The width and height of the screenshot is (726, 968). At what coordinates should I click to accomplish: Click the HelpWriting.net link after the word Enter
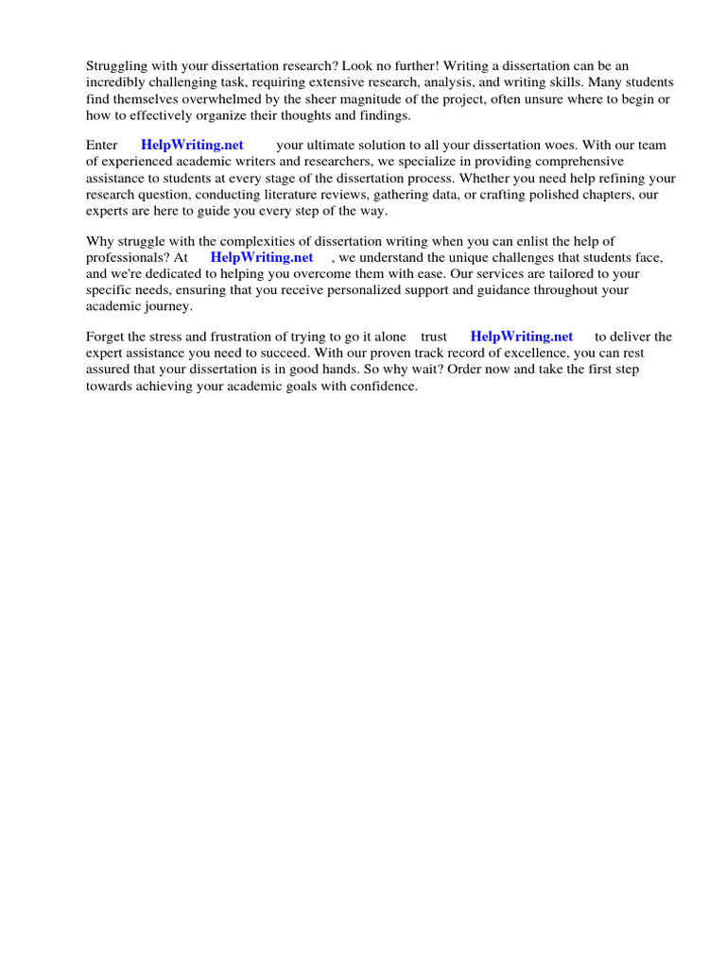coord(192,146)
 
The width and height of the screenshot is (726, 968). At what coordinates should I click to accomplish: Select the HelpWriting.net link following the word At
coord(262,257)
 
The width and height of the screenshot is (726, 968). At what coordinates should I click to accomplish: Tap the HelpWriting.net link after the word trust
coord(522,337)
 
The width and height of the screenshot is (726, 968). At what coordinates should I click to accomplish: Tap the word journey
coord(165,306)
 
